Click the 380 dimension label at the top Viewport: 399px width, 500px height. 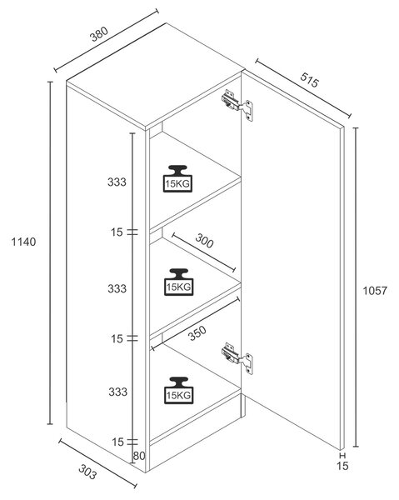coord(99,34)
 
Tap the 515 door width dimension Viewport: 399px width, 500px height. coord(309,80)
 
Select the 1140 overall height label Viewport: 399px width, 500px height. coord(23,242)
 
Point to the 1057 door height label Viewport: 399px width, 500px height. coord(375,291)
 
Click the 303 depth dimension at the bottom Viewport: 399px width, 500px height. coord(87,472)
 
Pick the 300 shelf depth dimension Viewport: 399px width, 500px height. coord(204,241)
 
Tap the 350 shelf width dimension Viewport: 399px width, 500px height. coord(197,333)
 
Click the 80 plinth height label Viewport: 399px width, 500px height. coord(139,456)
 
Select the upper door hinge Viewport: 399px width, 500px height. coord(237,105)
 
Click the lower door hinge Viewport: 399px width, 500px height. coord(237,358)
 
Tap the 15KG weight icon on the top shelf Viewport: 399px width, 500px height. coord(177,178)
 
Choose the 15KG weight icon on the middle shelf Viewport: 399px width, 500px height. coord(179,282)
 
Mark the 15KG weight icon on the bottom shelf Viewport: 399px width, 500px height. coord(179,390)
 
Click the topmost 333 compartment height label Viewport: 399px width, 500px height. coord(117,182)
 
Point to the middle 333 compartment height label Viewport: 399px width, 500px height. coord(117,288)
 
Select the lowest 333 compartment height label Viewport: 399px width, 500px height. coord(118,392)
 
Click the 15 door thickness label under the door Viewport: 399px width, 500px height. coord(342,466)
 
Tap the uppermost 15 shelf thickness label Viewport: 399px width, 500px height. coord(117,232)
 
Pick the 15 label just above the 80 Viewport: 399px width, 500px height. coord(117,442)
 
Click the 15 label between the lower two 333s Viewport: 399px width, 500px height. coord(117,338)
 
